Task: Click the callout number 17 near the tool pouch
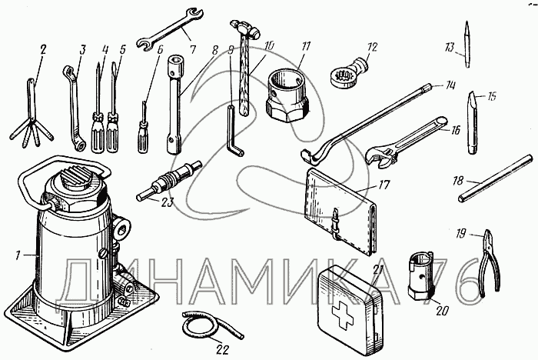click(385, 185)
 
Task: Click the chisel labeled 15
click(470, 123)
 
